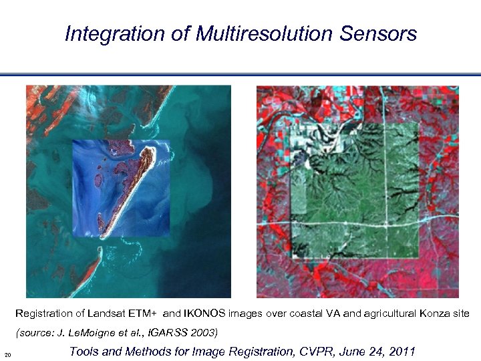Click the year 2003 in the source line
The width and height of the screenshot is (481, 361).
pos(204,332)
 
